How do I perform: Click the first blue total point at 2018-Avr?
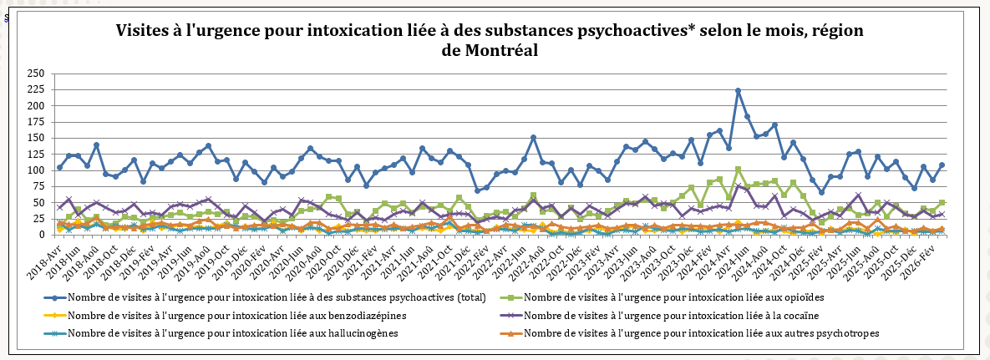pyautogui.click(x=59, y=167)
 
